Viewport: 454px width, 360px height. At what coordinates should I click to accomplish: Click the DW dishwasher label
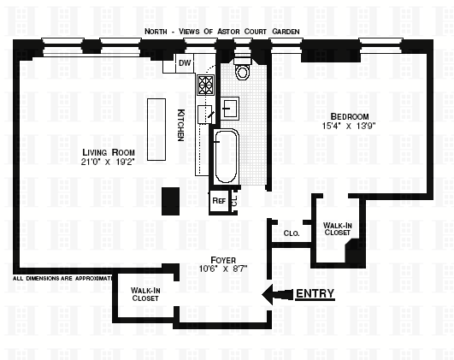pos(185,62)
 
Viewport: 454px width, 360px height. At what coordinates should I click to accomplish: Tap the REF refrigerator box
pos(219,201)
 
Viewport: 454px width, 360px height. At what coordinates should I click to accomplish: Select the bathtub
pos(226,156)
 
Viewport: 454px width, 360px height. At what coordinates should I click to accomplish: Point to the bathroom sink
pos(230,108)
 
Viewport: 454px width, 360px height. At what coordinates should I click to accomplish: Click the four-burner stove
pos(205,85)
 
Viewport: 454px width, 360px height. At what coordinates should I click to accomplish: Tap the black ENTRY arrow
pos(277,295)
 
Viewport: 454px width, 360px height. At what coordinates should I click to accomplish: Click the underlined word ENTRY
pos(315,293)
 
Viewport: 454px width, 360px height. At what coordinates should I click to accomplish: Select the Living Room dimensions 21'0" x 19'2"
pos(109,162)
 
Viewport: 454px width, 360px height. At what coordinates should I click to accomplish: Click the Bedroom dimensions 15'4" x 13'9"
pos(349,126)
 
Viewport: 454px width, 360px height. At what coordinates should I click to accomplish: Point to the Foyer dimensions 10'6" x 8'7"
pos(223,269)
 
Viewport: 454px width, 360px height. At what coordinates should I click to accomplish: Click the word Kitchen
pos(180,125)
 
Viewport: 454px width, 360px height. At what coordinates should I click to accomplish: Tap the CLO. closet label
pos(292,233)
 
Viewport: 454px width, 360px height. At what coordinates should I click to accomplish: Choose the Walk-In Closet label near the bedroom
pos(338,229)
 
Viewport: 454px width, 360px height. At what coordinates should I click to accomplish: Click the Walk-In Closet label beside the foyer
pos(145,294)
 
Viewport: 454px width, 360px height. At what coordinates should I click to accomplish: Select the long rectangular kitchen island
pos(156,129)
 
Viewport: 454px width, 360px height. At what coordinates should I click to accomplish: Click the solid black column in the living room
pos(170,201)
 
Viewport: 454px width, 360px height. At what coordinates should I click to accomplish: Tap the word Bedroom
pos(350,116)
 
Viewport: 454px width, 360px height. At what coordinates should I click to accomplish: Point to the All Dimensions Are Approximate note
pos(62,278)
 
